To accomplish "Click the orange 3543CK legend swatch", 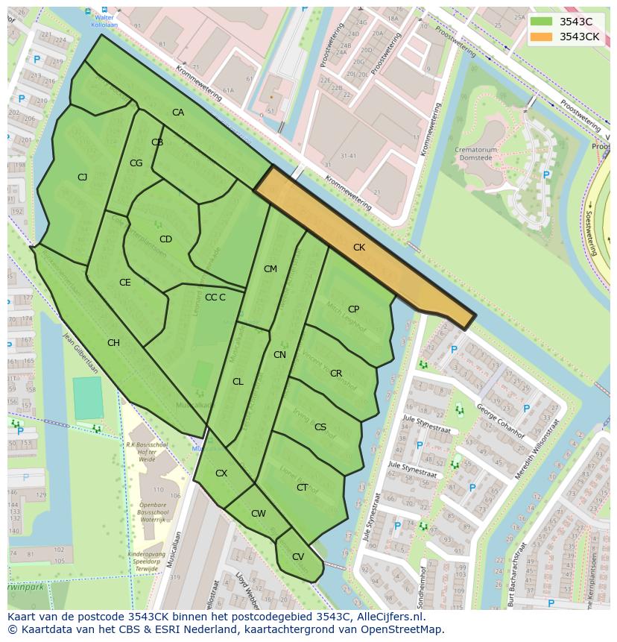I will (x=542, y=37).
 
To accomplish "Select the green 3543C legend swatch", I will (x=542, y=22).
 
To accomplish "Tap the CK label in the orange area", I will (x=359, y=248).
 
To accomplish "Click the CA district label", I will (x=178, y=113).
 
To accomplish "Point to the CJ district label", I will (x=82, y=177).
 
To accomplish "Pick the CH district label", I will (x=113, y=343).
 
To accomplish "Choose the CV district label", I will (x=298, y=557).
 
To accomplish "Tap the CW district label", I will (x=259, y=514).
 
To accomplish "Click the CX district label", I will (x=221, y=473).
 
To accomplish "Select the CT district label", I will (x=302, y=488).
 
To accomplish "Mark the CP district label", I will (x=353, y=309).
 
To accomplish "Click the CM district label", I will (x=270, y=269).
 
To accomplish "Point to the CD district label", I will (x=165, y=239).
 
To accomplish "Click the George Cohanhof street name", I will (x=501, y=422).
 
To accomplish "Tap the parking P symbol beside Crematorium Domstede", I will (x=546, y=175).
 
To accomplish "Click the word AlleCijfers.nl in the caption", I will (x=388, y=617).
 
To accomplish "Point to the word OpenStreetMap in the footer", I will (x=404, y=629).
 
